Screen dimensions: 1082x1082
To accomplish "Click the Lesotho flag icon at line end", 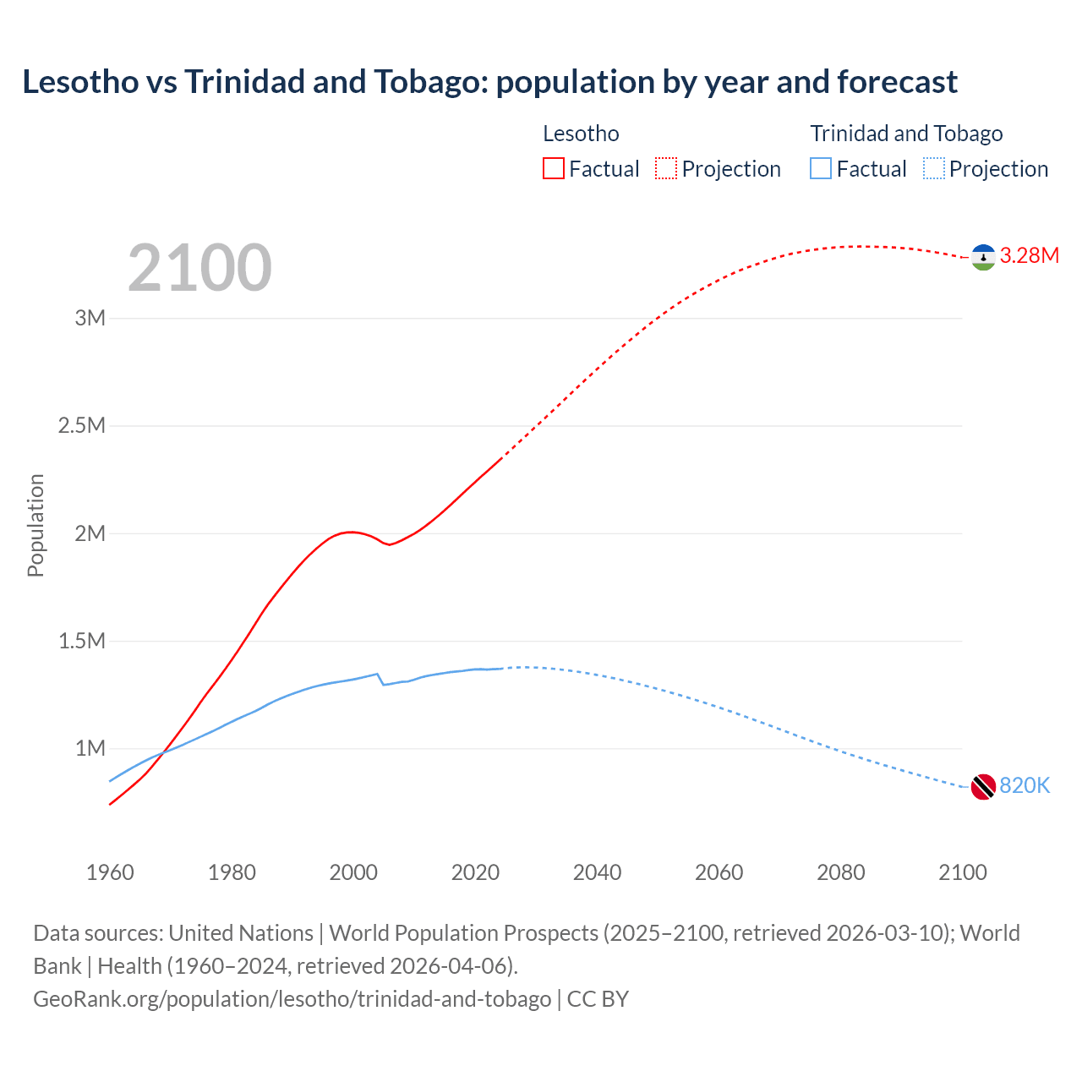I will click(x=983, y=257).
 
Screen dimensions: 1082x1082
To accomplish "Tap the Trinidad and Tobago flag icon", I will click(x=983, y=786).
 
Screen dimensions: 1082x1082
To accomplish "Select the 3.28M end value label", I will click(x=1029, y=256).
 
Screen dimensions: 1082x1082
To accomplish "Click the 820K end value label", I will click(x=1025, y=786).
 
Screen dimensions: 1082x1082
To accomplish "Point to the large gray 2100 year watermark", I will click(x=199, y=268).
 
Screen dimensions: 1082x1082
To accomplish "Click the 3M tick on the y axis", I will click(x=90, y=319).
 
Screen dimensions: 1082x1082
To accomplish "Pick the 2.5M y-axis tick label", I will click(x=82, y=426).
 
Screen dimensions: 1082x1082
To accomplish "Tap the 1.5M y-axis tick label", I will click(x=82, y=642).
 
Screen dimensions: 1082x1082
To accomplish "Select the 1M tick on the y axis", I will click(x=90, y=749).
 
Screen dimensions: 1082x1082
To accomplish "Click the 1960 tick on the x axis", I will click(x=110, y=872).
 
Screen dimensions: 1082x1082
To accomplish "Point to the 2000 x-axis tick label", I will click(x=353, y=872).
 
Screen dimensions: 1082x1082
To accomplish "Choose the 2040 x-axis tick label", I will click(x=597, y=872).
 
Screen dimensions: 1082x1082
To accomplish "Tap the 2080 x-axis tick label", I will click(x=840, y=872).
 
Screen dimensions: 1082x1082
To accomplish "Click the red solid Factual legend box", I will click(x=554, y=168).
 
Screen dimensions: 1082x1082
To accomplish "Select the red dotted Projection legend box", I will click(x=666, y=168).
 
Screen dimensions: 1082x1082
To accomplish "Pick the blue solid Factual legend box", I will click(x=821, y=168).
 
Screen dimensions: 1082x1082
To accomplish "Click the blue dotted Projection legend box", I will click(x=934, y=168).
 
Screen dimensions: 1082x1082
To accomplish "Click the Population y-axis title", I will click(x=36, y=525).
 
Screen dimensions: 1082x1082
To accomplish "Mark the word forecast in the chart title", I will click(x=897, y=82).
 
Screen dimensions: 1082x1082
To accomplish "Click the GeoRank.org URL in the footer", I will click(x=292, y=999).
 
